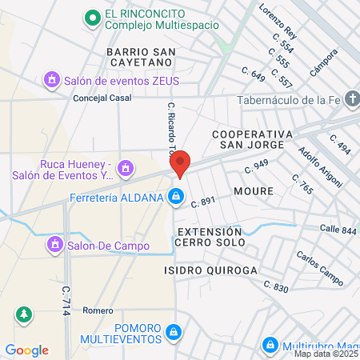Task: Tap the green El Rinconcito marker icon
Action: [x=93, y=17]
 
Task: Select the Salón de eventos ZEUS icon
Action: [x=52, y=79]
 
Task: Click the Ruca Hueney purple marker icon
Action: [x=124, y=169]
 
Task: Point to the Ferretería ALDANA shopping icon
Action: [x=176, y=196]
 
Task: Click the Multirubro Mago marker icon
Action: [x=269, y=346]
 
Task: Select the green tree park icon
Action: [x=24, y=314]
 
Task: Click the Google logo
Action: [x=27, y=350]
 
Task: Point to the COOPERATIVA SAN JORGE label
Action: [x=248, y=138]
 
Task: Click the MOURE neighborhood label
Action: [x=254, y=191]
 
